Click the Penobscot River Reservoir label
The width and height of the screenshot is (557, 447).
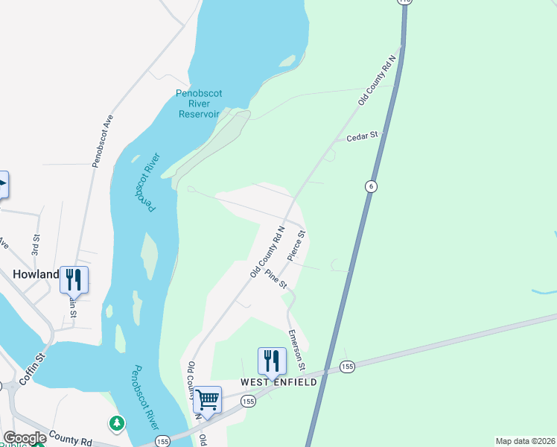tap(198, 104)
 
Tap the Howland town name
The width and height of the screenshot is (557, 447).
tap(36, 274)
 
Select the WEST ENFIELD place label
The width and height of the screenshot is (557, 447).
tap(278, 382)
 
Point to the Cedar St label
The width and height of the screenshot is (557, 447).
tap(363, 136)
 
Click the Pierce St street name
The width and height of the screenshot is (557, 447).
tap(297, 245)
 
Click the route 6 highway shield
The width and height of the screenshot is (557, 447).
tap(369, 186)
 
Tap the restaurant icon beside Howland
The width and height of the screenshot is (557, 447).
tap(74, 279)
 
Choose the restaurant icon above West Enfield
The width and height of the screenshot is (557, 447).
tap(272, 361)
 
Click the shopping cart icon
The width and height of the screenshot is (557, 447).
tap(207, 399)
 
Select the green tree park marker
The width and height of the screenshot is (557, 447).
tap(116, 424)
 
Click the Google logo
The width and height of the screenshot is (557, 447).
tap(24, 438)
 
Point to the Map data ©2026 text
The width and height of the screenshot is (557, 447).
tap(524, 441)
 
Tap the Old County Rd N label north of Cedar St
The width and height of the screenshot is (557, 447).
tap(376, 80)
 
